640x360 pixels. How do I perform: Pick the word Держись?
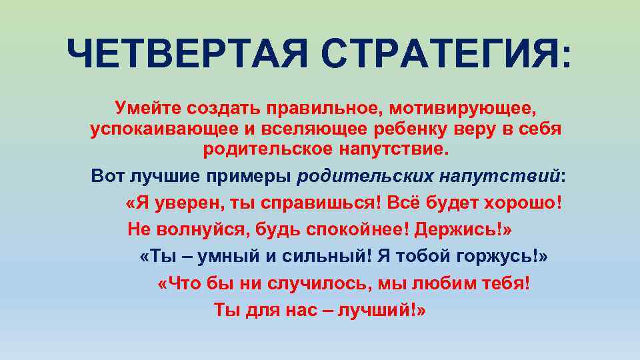[459, 229]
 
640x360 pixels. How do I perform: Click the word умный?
[213, 257]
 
